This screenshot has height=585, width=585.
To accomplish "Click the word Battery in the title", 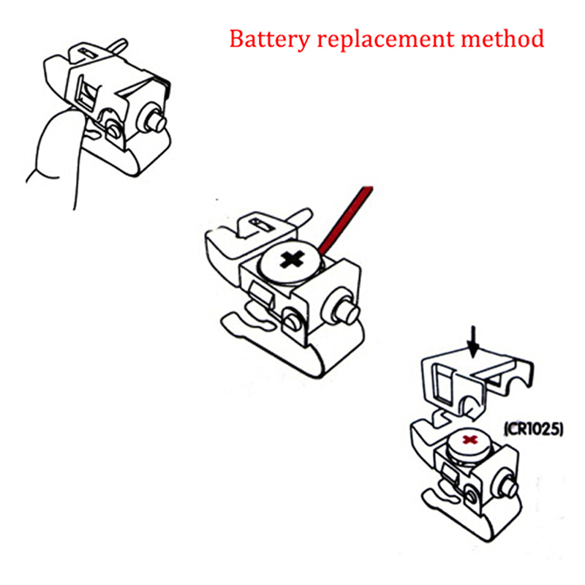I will click(x=263, y=38).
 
